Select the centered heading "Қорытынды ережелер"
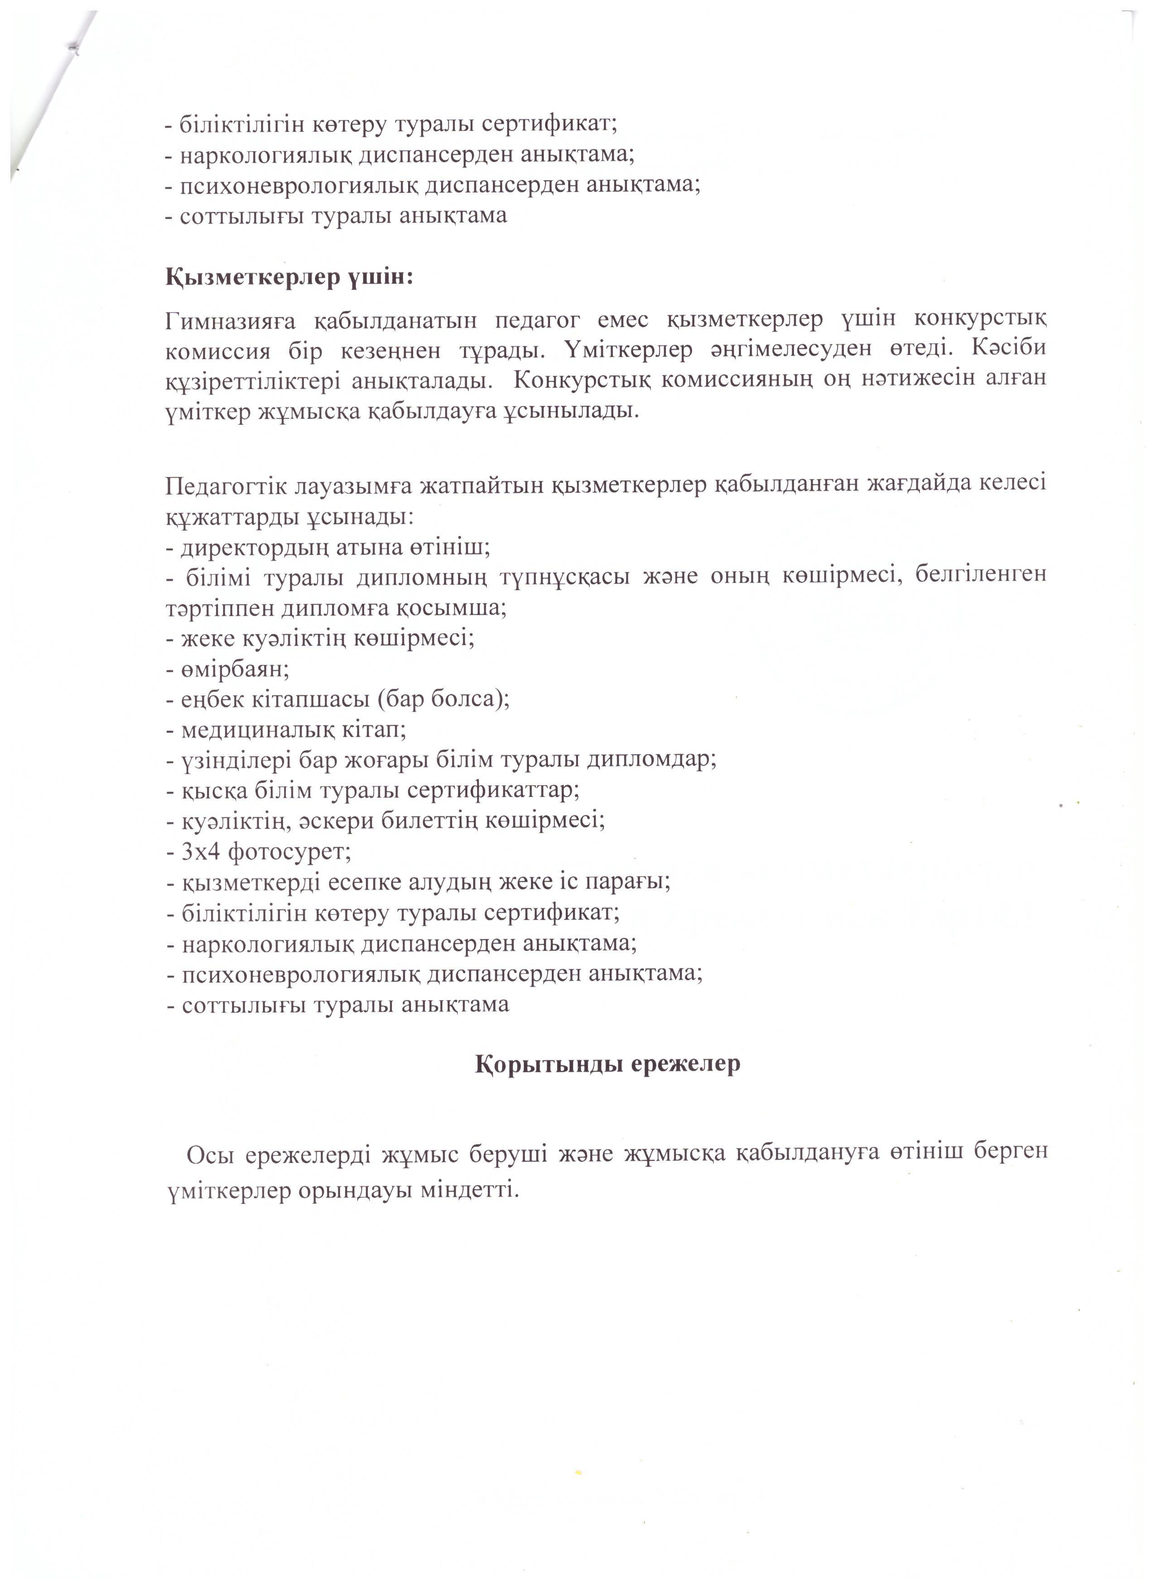[607, 1064]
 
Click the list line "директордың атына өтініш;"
[328, 547]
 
